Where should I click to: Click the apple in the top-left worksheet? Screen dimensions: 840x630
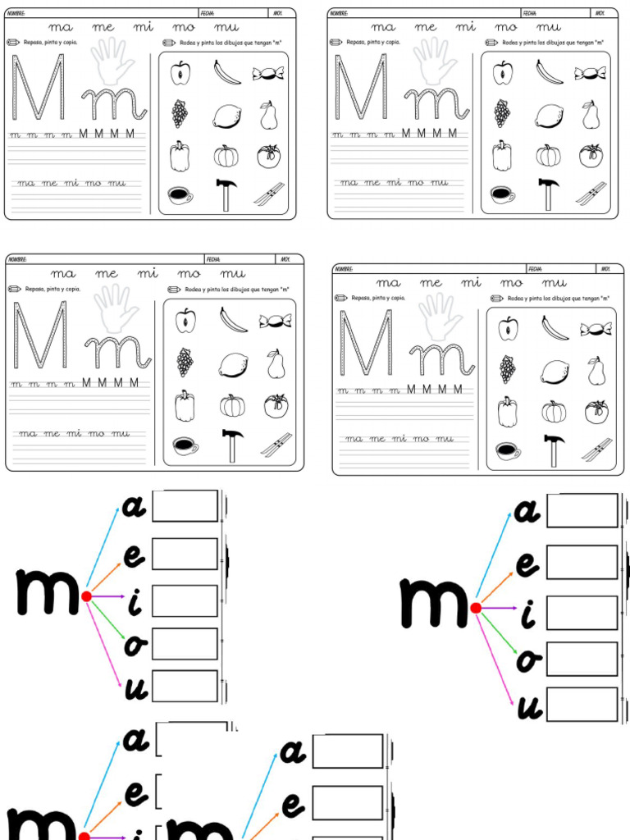pyautogui.click(x=180, y=73)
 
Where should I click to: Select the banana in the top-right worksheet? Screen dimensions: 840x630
pyautogui.click(x=550, y=72)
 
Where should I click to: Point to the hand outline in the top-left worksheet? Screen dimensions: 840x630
pyautogui.click(x=112, y=61)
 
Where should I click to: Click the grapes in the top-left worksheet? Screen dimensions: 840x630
pyautogui.click(x=179, y=113)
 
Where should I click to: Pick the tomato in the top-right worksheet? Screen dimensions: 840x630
pyautogui.click(x=591, y=155)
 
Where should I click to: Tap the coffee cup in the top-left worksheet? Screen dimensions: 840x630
pyautogui.click(x=180, y=195)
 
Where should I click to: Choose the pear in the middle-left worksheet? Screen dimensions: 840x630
pyautogui.click(x=276, y=364)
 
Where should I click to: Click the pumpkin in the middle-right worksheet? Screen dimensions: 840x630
pyautogui.click(x=554, y=410)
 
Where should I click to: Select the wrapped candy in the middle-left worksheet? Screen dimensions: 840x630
pyautogui.click(x=276, y=321)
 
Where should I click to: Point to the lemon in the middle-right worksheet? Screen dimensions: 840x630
pyautogui.click(x=555, y=372)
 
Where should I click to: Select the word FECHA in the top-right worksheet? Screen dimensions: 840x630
pyautogui.click(x=530, y=13)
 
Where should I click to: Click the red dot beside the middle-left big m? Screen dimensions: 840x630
pyautogui.click(x=86, y=596)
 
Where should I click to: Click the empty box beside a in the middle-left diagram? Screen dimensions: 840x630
pyautogui.click(x=185, y=506)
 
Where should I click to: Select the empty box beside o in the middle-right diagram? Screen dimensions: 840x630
pyautogui.click(x=582, y=659)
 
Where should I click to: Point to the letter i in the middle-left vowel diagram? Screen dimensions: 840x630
pyautogui.click(x=135, y=604)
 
